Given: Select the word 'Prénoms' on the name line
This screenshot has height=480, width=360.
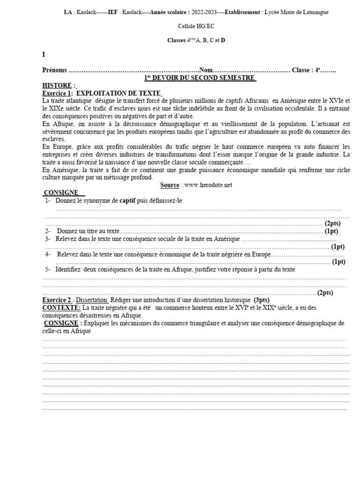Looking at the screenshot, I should pyautogui.click(x=54, y=70).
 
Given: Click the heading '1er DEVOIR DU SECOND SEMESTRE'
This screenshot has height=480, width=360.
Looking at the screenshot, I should pyautogui.click(x=199, y=78).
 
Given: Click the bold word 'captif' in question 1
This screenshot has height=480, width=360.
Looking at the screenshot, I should pyautogui.click(x=127, y=201).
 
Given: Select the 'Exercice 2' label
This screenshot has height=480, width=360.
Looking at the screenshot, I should pyautogui.click(x=57, y=300).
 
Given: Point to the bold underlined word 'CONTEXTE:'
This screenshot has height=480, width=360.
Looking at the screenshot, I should pyautogui.click(x=61, y=307).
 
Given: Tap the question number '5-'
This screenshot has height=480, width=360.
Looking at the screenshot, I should pyautogui.click(x=48, y=270).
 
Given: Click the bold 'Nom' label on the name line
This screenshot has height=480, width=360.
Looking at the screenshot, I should pyautogui.click(x=206, y=70).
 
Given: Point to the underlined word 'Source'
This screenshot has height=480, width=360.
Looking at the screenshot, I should pyautogui.click(x=170, y=185).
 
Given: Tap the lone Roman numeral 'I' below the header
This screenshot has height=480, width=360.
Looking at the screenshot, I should pyautogui.click(x=44, y=54).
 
